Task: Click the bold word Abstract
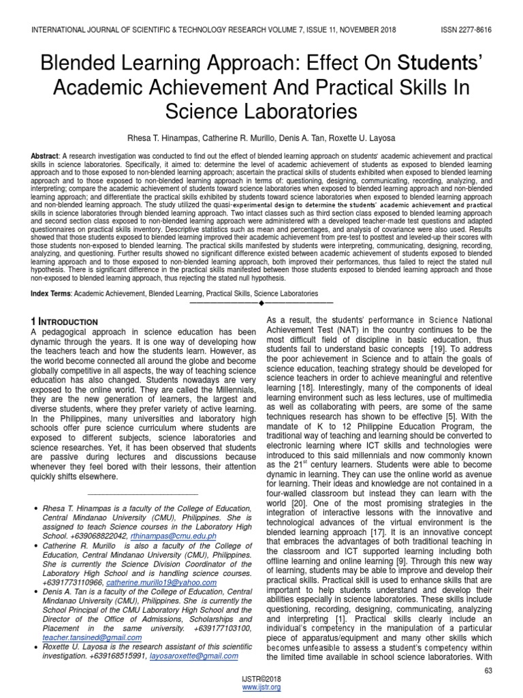pos(44,156)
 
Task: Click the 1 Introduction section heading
pos(65,321)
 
